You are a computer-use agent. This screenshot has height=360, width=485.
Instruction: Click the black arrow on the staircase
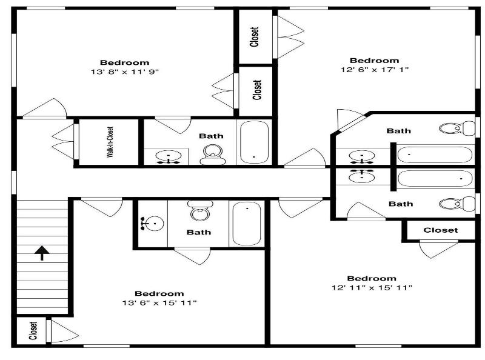click(x=42, y=253)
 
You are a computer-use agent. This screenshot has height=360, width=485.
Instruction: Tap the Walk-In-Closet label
click(x=110, y=142)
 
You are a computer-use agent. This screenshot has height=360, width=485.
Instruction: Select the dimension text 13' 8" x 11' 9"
click(x=125, y=72)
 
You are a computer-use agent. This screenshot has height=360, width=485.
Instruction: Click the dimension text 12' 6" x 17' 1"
click(x=375, y=70)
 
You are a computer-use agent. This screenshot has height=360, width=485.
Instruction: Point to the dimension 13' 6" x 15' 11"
click(x=159, y=302)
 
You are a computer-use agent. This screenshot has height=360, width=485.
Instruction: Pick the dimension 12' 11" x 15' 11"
click(x=372, y=287)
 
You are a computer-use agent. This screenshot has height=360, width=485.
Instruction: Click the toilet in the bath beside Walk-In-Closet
click(x=213, y=155)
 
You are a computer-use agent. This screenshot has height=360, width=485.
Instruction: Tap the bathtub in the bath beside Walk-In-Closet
click(x=254, y=142)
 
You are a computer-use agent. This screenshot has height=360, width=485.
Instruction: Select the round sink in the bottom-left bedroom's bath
click(x=153, y=223)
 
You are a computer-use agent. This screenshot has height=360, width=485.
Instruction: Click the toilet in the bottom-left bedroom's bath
click(x=200, y=210)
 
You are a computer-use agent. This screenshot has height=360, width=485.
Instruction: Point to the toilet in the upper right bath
click(x=457, y=128)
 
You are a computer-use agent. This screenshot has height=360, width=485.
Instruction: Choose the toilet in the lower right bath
click(x=457, y=204)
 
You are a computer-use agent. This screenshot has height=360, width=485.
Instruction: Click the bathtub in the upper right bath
click(x=435, y=155)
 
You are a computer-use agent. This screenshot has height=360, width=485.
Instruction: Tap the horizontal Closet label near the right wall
click(x=441, y=230)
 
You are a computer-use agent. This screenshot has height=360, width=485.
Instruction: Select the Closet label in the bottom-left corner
click(x=33, y=331)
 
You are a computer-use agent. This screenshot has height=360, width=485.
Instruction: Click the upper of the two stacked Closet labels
click(x=254, y=37)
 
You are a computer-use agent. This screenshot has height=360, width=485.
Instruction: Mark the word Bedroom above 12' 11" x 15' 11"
click(x=372, y=278)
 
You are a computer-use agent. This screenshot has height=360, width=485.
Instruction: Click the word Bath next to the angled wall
click(x=399, y=131)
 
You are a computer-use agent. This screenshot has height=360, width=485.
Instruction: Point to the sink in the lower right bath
click(x=361, y=176)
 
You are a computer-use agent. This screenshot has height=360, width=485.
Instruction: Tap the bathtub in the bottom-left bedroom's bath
click(x=247, y=223)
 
